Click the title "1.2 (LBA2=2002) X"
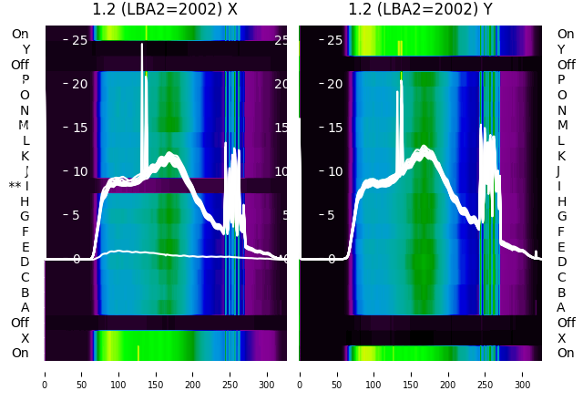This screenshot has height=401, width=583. [x=165, y=10]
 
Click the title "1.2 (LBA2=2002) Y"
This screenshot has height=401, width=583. [x=420, y=10]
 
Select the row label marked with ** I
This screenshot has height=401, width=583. [x=19, y=186]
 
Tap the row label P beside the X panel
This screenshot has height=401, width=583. [x=26, y=79]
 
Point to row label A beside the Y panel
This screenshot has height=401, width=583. [x=561, y=307]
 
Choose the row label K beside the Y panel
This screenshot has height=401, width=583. [x=561, y=156]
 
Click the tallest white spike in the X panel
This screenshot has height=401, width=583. [x=142, y=46]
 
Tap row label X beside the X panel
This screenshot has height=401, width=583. [x=26, y=338]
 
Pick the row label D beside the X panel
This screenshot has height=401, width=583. [x=26, y=262]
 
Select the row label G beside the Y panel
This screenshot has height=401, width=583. [x=561, y=216]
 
